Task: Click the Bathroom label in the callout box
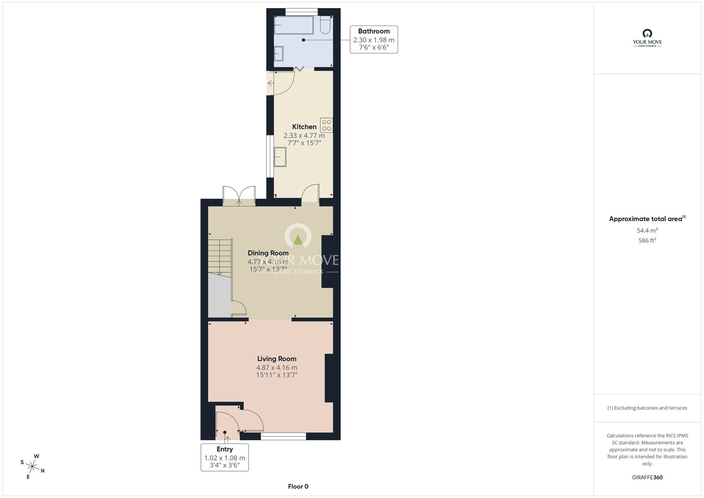tap(374, 31)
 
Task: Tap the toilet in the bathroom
tap(325, 25)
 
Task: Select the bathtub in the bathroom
tap(294, 25)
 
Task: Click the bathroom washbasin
tap(279, 54)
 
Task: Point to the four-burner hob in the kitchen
tap(326, 125)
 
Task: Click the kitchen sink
tap(280, 157)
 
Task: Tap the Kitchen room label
tap(304, 127)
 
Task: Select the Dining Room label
tap(268, 253)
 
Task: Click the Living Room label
tap(277, 359)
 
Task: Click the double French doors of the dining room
tap(239, 195)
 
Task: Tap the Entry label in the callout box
tap(225, 449)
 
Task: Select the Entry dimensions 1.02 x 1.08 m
tap(225, 458)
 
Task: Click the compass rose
tap(32, 467)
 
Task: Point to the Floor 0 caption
tap(298, 486)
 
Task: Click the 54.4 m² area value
tap(647, 230)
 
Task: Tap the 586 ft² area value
tap(647, 241)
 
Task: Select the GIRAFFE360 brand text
tap(647, 478)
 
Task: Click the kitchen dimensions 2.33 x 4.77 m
tap(304, 136)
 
